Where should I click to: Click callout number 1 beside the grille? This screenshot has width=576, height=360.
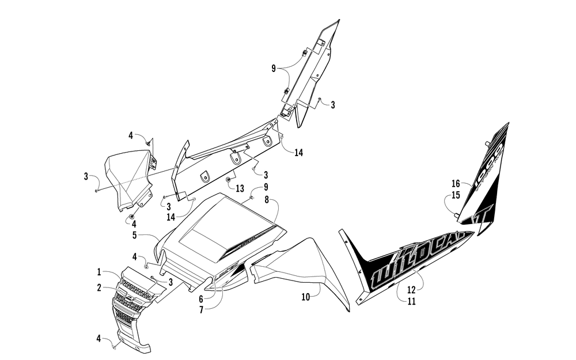coord(100,271)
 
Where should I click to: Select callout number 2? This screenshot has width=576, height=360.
coord(100,287)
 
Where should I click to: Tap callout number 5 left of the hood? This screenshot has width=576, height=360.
coord(135,235)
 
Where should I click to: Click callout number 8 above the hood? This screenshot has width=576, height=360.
coord(267,200)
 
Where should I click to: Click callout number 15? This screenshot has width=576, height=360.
coord(456,195)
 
